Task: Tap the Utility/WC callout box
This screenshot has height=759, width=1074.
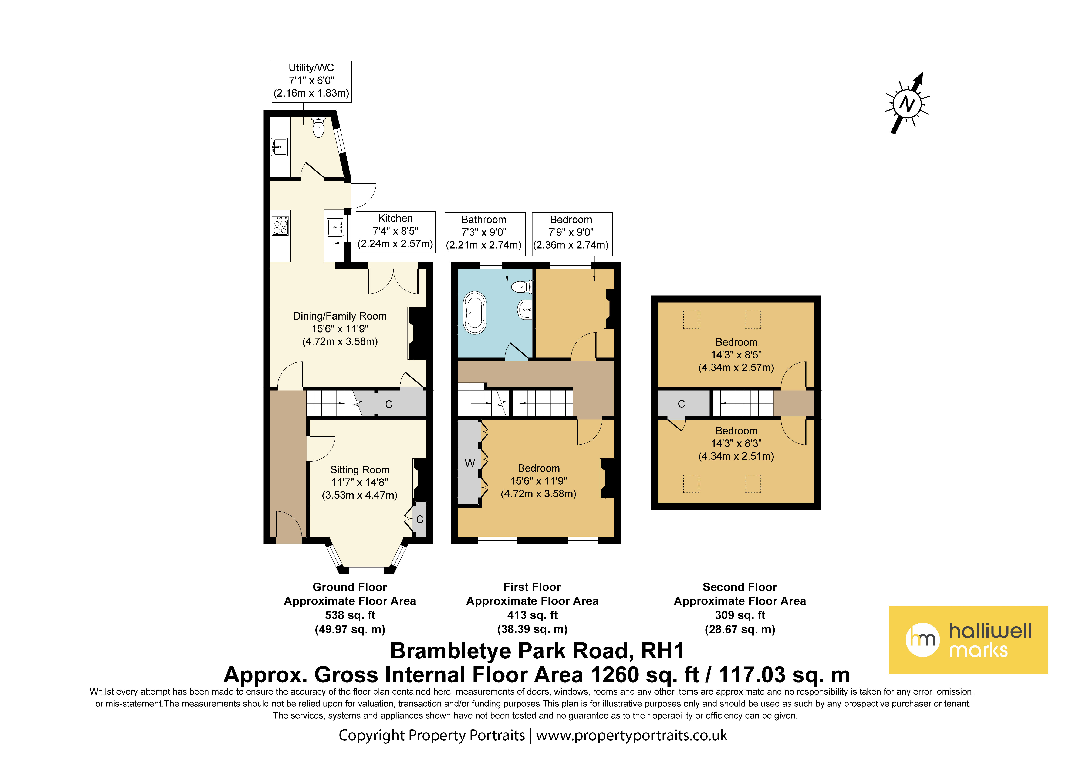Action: pos(311,81)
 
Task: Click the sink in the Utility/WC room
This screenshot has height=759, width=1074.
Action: pos(280,147)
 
